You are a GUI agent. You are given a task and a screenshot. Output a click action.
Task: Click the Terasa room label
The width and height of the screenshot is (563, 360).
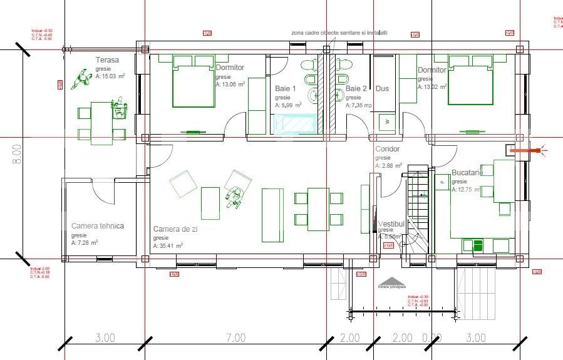tap(107, 60)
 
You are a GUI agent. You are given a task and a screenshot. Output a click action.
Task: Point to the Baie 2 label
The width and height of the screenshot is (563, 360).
tap(356, 89)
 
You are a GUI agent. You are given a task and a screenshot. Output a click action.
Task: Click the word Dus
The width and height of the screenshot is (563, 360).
tap(382, 89)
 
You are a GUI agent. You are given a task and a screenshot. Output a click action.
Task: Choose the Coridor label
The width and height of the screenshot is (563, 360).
tap(387, 150)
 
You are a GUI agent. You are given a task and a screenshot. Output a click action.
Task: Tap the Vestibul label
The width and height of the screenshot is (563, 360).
tap(392, 224)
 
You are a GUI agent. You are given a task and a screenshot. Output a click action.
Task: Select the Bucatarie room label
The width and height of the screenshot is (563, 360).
tap(468, 172)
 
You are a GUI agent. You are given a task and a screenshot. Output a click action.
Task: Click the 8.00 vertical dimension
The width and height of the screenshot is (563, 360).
tap(16, 154)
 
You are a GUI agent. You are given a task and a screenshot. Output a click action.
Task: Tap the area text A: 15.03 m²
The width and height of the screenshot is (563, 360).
tap(110, 76)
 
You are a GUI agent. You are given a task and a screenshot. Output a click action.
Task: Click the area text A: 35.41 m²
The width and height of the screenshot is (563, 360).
tap(168, 246)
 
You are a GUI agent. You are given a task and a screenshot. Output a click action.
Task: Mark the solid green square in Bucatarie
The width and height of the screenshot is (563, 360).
tap(478, 245)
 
